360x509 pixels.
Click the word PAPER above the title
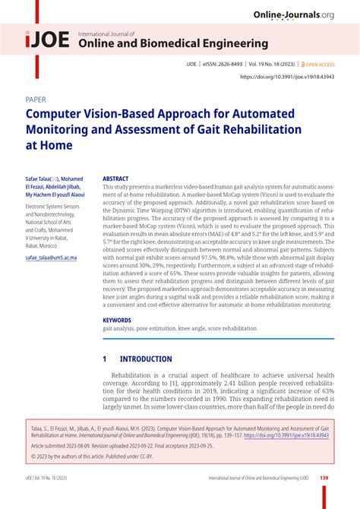coord(36,99)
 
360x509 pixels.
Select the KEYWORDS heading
coord(118,320)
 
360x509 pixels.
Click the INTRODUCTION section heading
coord(144,359)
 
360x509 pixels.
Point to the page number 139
coord(324,478)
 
